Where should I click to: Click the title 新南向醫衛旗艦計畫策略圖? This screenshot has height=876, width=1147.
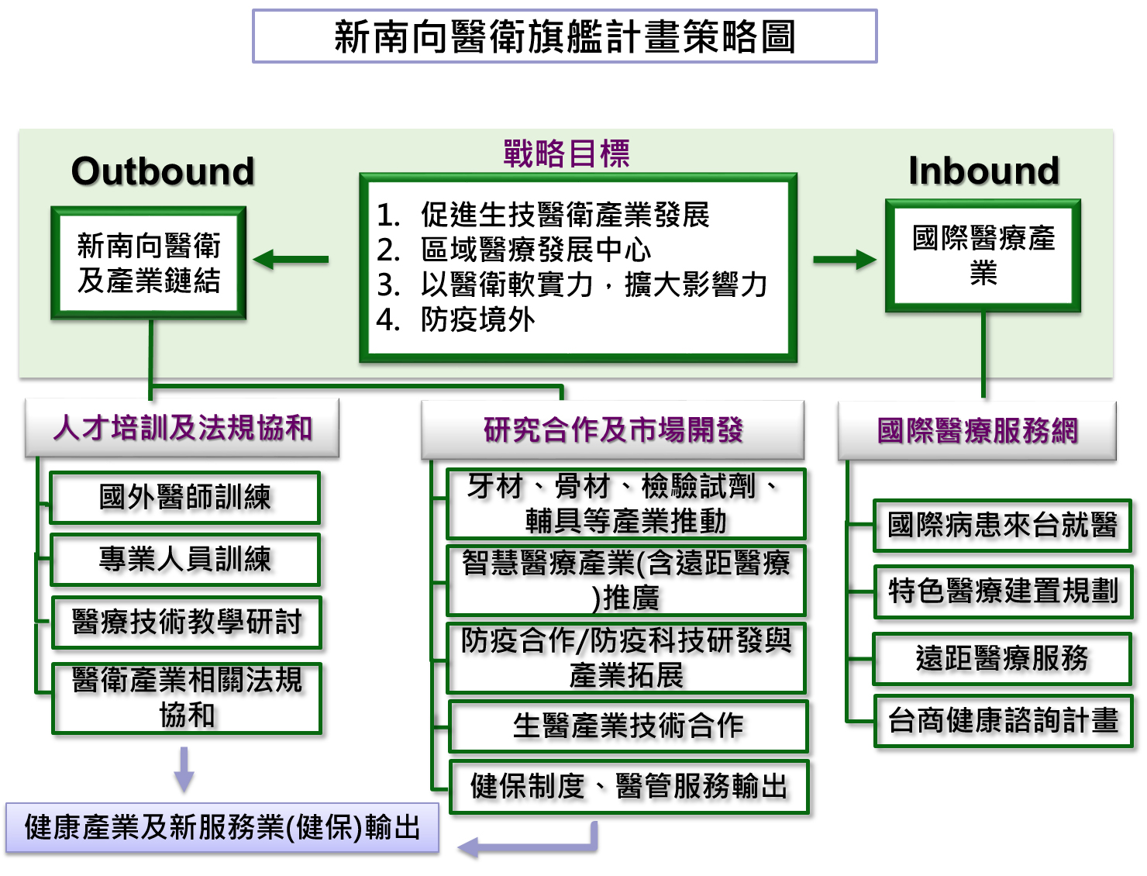click(x=564, y=36)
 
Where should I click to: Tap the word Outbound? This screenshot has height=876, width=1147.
click(x=163, y=171)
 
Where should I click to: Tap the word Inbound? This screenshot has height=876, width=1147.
click(x=983, y=171)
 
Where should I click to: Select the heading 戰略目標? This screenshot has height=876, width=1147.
click(x=566, y=153)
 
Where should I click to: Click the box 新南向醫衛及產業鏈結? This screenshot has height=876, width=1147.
click(x=149, y=263)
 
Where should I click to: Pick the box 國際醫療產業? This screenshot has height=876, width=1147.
click(x=983, y=256)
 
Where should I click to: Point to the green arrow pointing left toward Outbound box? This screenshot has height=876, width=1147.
click(x=291, y=260)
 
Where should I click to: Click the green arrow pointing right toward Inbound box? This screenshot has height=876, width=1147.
click(x=844, y=260)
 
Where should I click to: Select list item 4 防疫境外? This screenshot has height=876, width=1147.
click(x=477, y=319)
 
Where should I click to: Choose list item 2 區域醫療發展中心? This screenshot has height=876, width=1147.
click(x=535, y=250)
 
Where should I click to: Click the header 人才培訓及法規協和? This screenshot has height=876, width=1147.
click(x=182, y=428)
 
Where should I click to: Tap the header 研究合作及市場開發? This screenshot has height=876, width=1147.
click(x=612, y=429)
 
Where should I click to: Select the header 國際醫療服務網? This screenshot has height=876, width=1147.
click(x=977, y=431)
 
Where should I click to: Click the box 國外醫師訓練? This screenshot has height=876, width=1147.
click(x=184, y=498)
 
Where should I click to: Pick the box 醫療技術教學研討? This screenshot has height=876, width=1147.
click(x=186, y=622)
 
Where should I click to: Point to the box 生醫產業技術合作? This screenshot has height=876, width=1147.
click(x=628, y=726)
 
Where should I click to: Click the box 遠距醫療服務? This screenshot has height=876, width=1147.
click(x=1002, y=659)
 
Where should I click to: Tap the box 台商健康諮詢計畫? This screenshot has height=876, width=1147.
click(x=1003, y=721)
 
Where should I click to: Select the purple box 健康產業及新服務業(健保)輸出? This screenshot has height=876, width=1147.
click(x=222, y=828)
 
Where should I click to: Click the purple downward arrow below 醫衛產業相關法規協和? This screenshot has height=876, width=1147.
click(x=184, y=769)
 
